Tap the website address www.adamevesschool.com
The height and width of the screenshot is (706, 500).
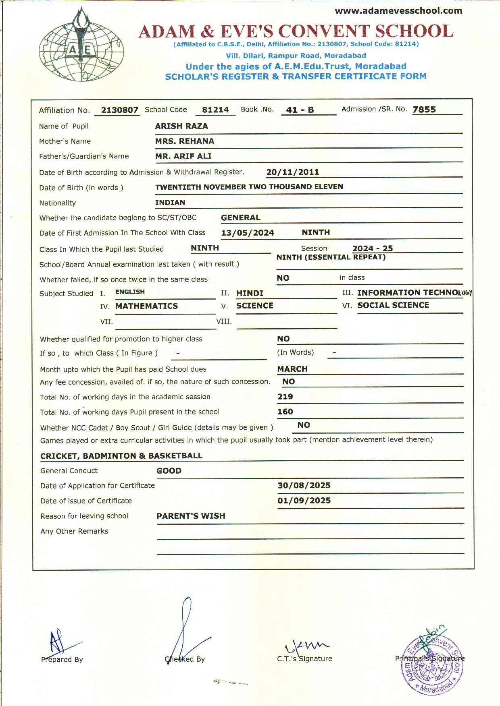(398, 11)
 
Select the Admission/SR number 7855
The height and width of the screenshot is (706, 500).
(424, 110)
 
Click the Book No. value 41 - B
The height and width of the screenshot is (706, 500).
(300, 110)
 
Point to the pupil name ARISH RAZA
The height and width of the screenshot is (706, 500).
(181, 126)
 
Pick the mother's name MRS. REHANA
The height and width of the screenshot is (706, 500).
(185, 141)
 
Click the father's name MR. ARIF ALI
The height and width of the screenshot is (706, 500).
(183, 156)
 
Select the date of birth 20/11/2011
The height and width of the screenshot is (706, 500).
(293, 172)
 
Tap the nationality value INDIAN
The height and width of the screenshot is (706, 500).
(170, 203)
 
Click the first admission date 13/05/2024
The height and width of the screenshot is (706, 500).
(248, 233)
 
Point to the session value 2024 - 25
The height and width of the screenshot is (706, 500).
(373, 248)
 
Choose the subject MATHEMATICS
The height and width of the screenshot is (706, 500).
(147, 306)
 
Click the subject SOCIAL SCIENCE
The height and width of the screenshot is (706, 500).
(393, 305)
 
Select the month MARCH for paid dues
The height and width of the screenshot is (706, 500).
(292, 369)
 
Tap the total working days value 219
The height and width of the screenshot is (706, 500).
(285, 397)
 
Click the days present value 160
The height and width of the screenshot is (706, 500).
(285, 412)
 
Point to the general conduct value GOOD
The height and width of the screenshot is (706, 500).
(169, 471)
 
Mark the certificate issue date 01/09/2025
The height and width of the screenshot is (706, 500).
(304, 501)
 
